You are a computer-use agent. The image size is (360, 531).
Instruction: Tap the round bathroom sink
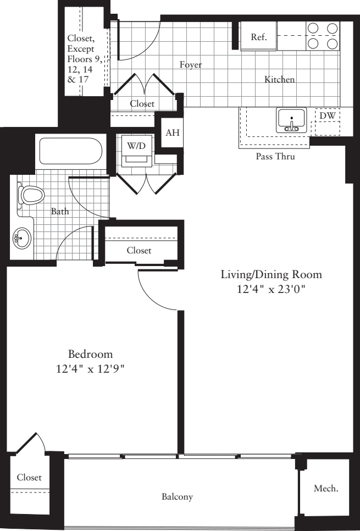click(22, 238)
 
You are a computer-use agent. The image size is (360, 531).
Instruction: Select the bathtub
click(70, 151)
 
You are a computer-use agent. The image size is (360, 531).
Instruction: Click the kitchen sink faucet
click(292, 124)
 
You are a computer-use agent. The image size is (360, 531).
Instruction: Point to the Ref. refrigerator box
click(258, 36)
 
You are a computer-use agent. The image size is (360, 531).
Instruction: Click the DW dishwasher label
click(328, 115)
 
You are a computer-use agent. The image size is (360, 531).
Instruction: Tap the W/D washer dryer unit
click(136, 151)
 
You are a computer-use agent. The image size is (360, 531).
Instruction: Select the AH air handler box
click(173, 132)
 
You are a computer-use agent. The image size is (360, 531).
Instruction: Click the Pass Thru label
click(275, 157)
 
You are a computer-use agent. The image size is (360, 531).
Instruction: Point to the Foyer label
click(190, 64)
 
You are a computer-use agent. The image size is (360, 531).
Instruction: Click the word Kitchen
click(279, 79)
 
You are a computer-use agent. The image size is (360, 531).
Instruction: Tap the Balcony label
click(177, 497)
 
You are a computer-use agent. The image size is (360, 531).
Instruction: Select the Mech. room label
click(326, 488)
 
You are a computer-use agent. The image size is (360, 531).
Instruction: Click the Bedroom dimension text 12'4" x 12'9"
click(91, 368)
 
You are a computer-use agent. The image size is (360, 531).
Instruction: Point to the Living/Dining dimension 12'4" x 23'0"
click(271, 289)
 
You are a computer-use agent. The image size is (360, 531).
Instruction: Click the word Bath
click(60, 211)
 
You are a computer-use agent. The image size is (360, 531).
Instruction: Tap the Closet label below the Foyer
click(142, 104)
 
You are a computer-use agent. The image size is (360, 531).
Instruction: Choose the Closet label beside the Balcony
click(29, 477)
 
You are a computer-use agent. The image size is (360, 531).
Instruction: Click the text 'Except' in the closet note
click(81, 49)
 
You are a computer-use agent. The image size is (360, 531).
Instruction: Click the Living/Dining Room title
click(272, 274)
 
